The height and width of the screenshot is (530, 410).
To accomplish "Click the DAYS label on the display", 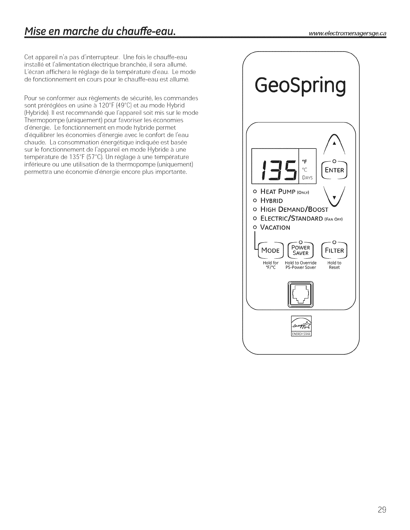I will [x=307, y=178].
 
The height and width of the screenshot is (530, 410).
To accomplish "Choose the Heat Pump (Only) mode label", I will [x=284, y=192].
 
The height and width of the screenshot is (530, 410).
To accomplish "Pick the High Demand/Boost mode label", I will [x=294, y=209].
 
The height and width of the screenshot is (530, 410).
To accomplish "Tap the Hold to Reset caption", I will [x=334, y=265].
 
